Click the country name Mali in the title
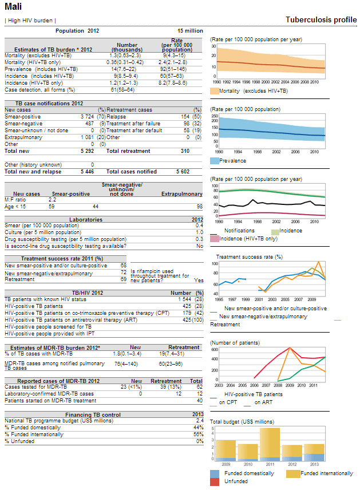[13, 6]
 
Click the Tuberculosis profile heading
[321, 19]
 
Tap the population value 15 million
[190, 31]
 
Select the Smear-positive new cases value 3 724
[87, 117]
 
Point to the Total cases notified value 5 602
[183, 172]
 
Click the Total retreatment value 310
[185, 151]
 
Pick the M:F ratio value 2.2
[52, 200]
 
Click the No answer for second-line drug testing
[200, 246]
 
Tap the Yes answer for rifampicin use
[199, 280]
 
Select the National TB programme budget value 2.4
[200, 421]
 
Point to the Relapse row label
[116, 117]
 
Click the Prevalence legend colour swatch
[215, 161]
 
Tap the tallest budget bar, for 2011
[270, 444]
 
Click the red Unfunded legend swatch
[215, 481]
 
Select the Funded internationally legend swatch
[294, 474]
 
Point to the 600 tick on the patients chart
[215, 349]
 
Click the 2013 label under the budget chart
[314, 464]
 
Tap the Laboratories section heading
[86, 220]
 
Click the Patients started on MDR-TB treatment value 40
[200, 401]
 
